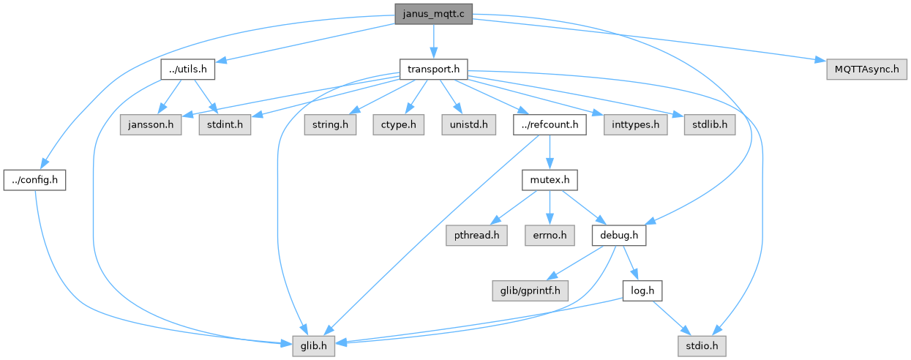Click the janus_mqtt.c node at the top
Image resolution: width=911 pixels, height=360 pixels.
click(433, 14)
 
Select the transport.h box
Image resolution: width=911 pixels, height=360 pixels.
click(433, 70)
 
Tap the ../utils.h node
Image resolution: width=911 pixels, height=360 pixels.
click(188, 70)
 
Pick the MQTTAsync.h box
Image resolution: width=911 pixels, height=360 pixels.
click(866, 70)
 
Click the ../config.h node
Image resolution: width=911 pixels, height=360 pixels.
click(34, 180)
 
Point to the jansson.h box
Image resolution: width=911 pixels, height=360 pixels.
click(151, 124)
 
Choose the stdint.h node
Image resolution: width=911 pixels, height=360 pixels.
click(225, 124)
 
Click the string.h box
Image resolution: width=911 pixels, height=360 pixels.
click(330, 124)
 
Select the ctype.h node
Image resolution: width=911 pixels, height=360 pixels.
click(399, 124)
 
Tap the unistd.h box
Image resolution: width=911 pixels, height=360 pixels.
click(469, 124)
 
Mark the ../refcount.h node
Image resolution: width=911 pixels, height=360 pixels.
click(550, 124)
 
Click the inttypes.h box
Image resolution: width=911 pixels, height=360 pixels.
click(636, 124)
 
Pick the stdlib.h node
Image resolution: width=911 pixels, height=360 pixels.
click(710, 124)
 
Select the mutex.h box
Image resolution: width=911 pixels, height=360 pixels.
click(550, 180)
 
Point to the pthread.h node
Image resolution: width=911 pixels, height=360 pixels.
click(476, 235)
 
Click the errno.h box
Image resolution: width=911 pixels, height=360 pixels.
click(550, 235)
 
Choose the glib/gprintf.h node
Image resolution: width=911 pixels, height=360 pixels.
click(531, 290)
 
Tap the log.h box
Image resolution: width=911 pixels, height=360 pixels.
click(642, 290)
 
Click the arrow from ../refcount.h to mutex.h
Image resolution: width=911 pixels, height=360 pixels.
click(550, 152)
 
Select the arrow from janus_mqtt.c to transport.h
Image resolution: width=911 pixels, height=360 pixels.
click(433, 42)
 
